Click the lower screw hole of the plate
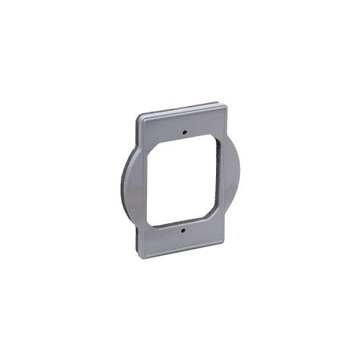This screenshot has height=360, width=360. pyautogui.click(x=183, y=231)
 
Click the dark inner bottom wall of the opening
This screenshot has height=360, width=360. pyautogui.click(x=180, y=217)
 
